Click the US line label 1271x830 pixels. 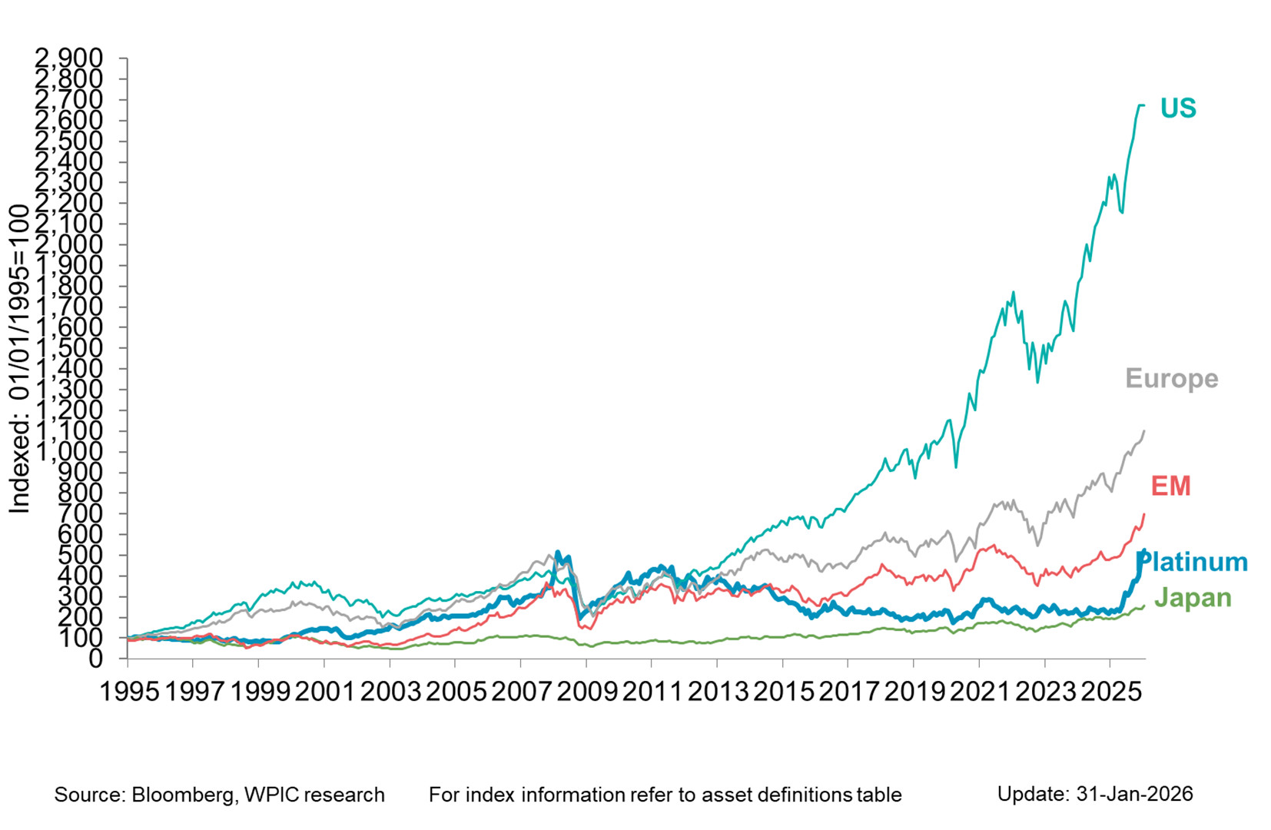(x=1177, y=108)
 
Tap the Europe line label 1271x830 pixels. (x=1171, y=378)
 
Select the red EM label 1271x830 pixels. (x=1170, y=486)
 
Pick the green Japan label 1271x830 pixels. (x=1193, y=597)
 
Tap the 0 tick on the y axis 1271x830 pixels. (x=95, y=659)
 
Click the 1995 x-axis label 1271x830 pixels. (x=130, y=692)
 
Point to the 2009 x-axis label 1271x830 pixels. (x=587, y=692)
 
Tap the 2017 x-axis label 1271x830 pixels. (x=848, y=692)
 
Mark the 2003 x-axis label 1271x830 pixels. (x=391, y=692)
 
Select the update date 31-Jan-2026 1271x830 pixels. (x=1134, y=794)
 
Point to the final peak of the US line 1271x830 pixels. (x=1140, y=105)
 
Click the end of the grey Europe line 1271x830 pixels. (x=1144, y=431)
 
